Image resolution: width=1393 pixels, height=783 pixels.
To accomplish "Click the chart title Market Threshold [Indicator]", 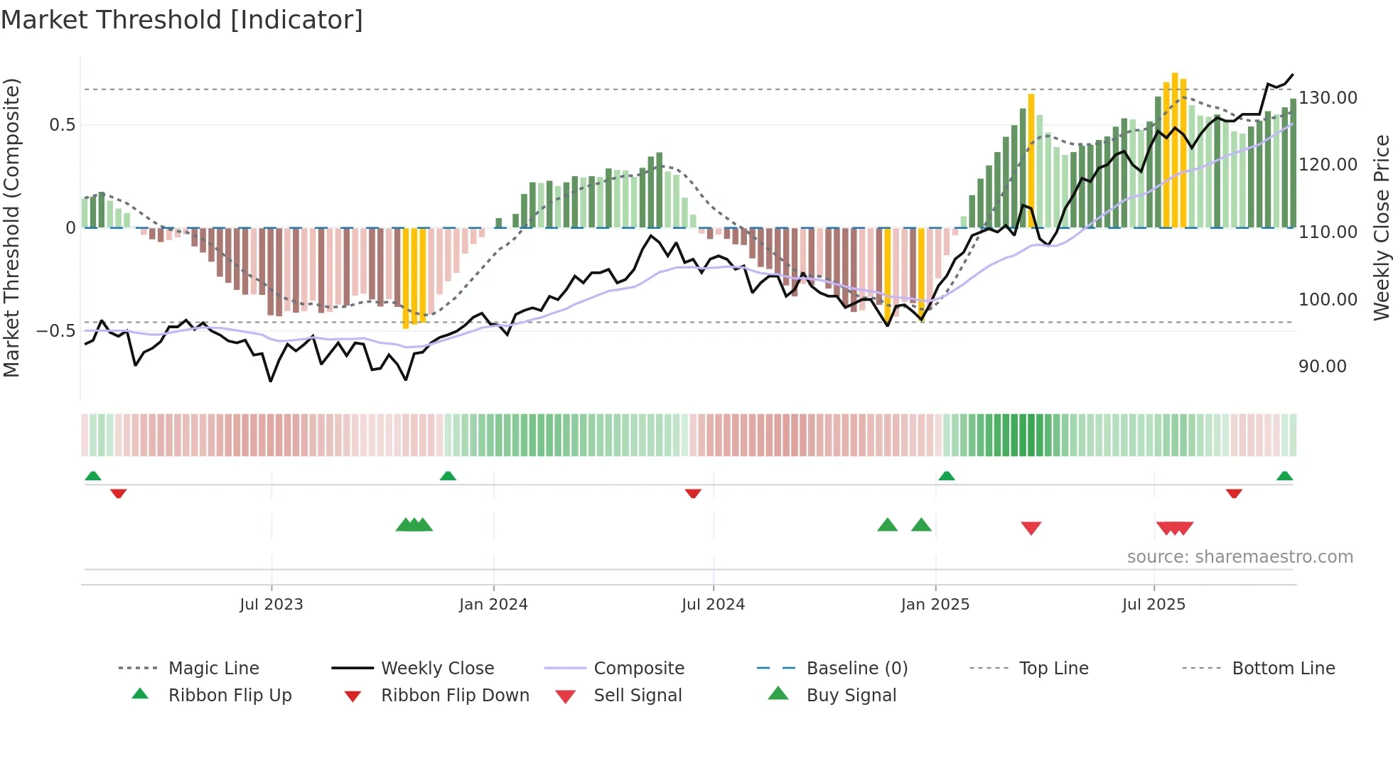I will pyautogui.click(x=182, y=20).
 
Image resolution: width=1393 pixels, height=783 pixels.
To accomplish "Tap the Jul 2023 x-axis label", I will pyautogui.click(x=271, y=605).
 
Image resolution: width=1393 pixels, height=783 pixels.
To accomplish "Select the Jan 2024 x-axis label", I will pyautogui.click(x=493, y=605).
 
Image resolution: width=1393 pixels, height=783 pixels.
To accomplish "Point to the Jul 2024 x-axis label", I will pyautogui.click(x=713, y=605).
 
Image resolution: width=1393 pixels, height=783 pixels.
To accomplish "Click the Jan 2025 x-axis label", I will pyautogui.click(x=935, y=605).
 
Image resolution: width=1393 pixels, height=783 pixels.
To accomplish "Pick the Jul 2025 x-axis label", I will pyautogui.click(x=1153, y=605).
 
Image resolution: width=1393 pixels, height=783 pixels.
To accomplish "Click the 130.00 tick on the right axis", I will pyautogui.click(x=1328, y=98).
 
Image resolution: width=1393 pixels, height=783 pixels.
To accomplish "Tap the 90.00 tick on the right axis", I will pyautogui.click(x=1322, y=367).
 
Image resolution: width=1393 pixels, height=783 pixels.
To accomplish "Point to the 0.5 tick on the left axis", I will pyautogui.click(x=62, y=125).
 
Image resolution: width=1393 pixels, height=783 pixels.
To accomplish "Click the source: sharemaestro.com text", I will pyautogui.click(x=1239, y=557).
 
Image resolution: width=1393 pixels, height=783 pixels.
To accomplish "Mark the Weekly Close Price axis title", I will pyautogui.click(x=1381, y=227).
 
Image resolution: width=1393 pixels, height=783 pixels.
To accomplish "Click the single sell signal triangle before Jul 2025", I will pyautogui.click(x=1031, y=527).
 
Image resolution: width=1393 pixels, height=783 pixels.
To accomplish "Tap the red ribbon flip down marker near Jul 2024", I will pyautogui.click(x=693, y=493).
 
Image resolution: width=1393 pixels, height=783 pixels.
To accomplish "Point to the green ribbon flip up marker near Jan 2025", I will pyautogui.click(x=946, y=476).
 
